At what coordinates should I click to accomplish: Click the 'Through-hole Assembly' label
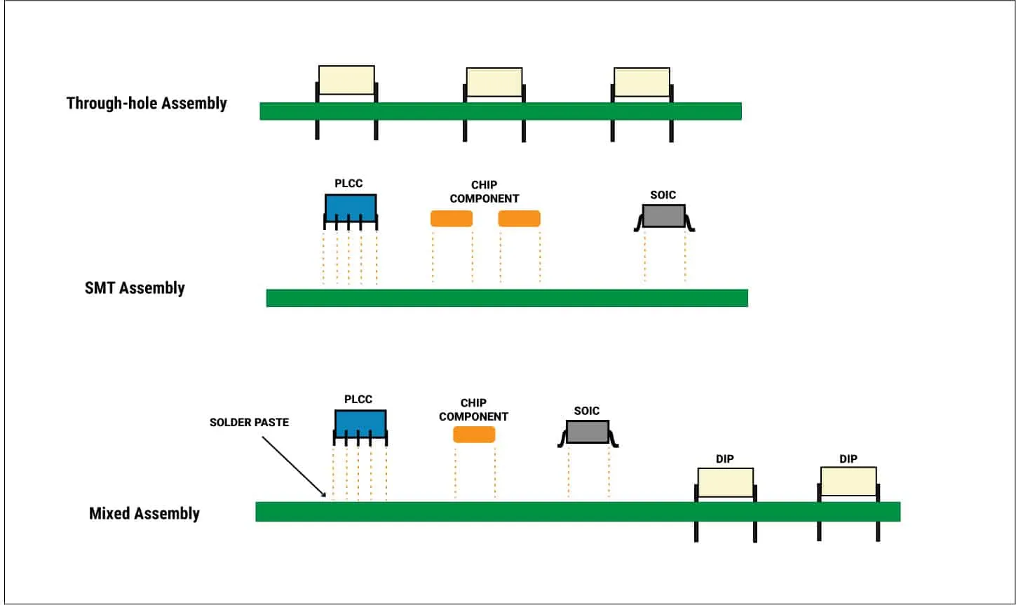coord(147,104)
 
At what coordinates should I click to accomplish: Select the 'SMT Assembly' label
coord(135,288)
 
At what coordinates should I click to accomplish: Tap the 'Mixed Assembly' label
coord(144,514)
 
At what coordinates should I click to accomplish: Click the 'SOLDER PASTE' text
coord(249,423)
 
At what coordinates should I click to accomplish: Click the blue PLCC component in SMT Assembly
coord(350,208)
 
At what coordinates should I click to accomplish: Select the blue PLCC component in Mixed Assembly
coord(360,423)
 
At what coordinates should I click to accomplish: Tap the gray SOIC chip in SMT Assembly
coord(663,216)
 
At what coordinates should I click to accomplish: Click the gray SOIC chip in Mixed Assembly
coord(587,432)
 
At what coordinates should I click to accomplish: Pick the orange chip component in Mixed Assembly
coord(474,435)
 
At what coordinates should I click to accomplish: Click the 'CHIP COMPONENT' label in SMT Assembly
coord(485,192)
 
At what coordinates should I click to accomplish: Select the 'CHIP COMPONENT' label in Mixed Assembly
coord(473,410)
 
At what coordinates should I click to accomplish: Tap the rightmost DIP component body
coord(848,482)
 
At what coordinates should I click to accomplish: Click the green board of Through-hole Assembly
coord(500,111)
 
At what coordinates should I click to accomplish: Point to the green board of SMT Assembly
coord(506,298)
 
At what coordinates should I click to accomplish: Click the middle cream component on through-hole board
coord(494,82)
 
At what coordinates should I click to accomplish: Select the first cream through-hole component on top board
coord(346,80)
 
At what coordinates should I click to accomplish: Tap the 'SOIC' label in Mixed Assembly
coord(587,411)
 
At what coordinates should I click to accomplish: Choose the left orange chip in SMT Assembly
coord(451,219)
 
